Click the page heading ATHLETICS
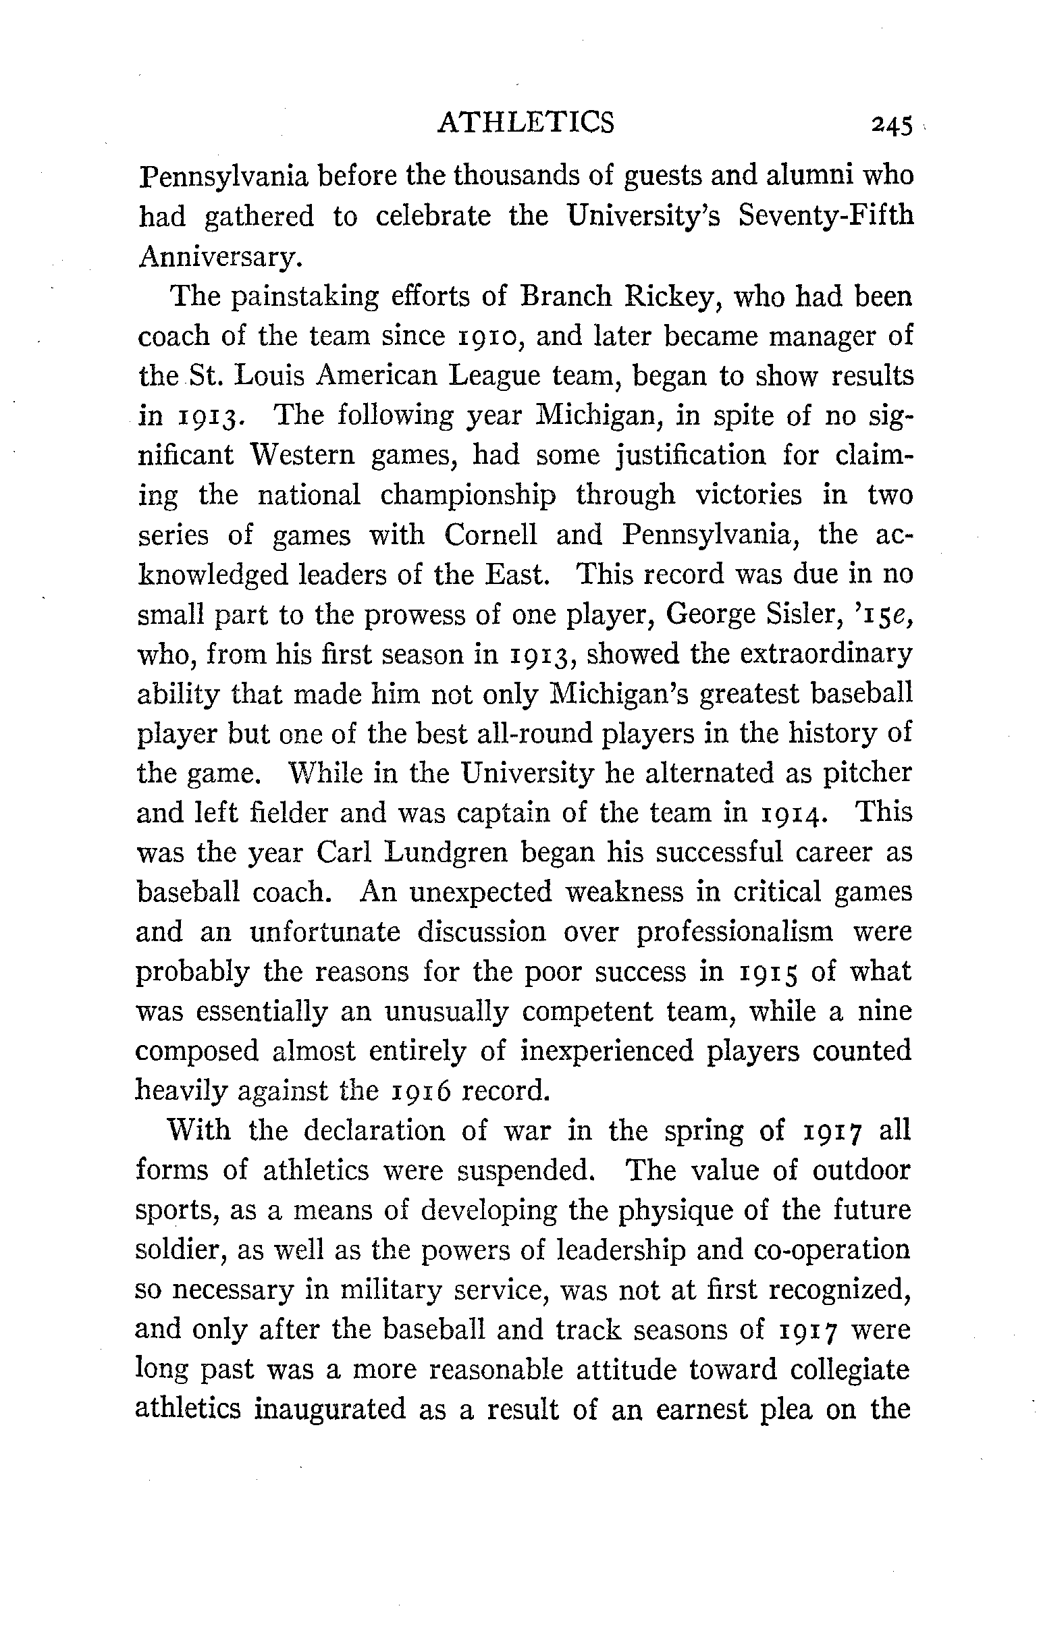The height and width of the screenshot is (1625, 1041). pos(526,123)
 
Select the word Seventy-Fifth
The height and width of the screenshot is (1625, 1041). pos(826,216)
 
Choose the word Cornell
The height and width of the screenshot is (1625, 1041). pos(491,535)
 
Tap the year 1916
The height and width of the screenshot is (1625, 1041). pos(412,1091)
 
